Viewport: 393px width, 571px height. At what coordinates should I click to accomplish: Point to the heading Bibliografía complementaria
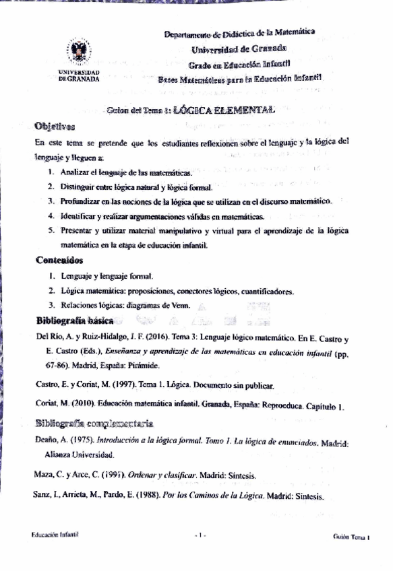coord(94,423)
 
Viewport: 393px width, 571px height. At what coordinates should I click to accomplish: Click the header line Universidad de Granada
coord(239,48)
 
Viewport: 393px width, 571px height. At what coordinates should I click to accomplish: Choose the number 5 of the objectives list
coord(51,231)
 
